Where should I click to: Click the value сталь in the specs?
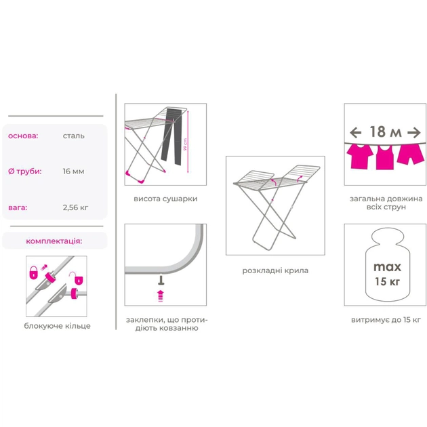pos(73,136)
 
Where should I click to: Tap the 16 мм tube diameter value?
pos(73,171)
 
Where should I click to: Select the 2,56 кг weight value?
pos(75,207)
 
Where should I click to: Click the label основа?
pos(23,136)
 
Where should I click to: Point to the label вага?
pos(18,208)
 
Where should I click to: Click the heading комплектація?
pos(54,241)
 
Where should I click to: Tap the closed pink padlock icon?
pos(33,272)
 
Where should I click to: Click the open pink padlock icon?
pos(78,279)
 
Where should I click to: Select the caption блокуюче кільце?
pos(57,326)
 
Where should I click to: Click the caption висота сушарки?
pos(165,199)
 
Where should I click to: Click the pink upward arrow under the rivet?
pos(161,296)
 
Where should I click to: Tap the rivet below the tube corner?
pos(161,280)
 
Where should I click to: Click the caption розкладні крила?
pos(275,270)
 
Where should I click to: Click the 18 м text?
pos(386,132)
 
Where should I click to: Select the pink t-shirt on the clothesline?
pos(360,157)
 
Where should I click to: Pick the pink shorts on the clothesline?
pos(410,155)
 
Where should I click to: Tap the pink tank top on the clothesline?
pos(385,157)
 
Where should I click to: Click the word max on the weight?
pos(387,266)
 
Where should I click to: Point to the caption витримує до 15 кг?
pos(386,320)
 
